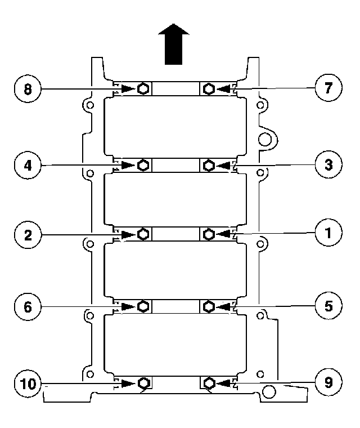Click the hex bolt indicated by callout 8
pyautogui.click(x=143, y=88)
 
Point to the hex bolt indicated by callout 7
pyautogui.click(x=208, y=88)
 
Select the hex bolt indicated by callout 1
pyautogui.click(x=208, y=234)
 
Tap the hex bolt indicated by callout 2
pyautogui.click(x=143, y=234)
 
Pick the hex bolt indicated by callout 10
pyautogui.click(x=143, y=384)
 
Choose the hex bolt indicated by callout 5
pyautogui.click(x=208, y=306)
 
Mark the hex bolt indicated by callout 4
pyautogui.click(x=143, y=164)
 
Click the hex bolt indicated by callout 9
pyautogui.click(x=208, y=384)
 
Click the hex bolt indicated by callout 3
pyautogui.click(x=208, y=164)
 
